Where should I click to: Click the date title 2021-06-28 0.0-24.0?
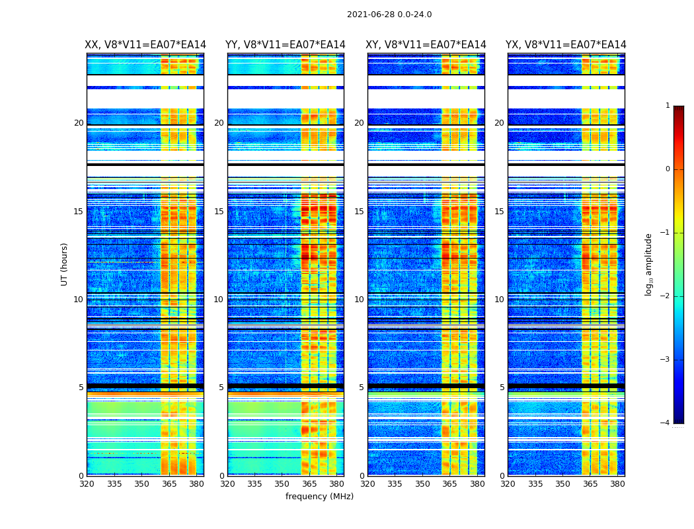pos(389,15)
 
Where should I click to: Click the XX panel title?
pos(145,45)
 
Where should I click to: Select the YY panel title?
pos(286,45)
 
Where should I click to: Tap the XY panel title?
pos(426,45)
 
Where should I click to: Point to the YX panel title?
pos(566,45)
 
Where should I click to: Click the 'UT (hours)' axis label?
pos(65,264)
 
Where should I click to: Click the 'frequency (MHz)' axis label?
pos(319,497)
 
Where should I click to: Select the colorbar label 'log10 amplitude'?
pos(649,264)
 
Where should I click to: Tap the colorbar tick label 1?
pos(668,106)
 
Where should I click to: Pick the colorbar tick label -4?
pos(666,423)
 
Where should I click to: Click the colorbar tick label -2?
pos(666,296)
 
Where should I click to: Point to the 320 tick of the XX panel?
pos(87,484)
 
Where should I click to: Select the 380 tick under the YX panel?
pos(617,484)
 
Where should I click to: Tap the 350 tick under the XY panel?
pos(422,484)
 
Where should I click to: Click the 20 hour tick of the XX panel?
pos(79,123)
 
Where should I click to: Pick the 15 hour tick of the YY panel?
pos(219,212)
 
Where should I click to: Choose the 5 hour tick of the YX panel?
pos(502,387)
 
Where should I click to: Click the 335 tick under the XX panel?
pos(114,484)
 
